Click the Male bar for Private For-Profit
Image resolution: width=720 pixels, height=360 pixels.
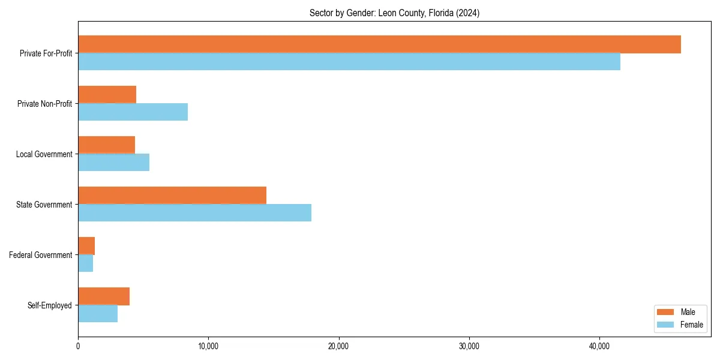pyautogui.click(x=379, y=44)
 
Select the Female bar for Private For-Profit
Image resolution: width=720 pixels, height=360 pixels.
pyautogui.click(x=349, y=62)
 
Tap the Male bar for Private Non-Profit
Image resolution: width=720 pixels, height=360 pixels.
pyautogui.click(x=107, y=95)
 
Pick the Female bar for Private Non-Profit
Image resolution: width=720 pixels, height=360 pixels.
pyautogui.click(x=133, y=112)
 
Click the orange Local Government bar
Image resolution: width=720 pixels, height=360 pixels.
pyautogui.click(x=106, y=145)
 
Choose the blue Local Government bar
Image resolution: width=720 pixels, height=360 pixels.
pyautogui.click(x=113, y=163)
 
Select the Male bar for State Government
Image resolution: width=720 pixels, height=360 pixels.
pyautogui.click(x=172, y=196)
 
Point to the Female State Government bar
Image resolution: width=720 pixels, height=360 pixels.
pyautogui.click(x=194, y=213)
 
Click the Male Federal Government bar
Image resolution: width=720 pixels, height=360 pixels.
pyautogui.click(x=86, y=246)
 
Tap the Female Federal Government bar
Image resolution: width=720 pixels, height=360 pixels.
pyautogui.click(x=85, y=263)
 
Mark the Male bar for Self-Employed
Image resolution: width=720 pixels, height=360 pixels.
pyautogui.click(x=104, y=296)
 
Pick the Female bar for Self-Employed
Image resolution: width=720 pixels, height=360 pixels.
pyautogui.click(x=98, y=314)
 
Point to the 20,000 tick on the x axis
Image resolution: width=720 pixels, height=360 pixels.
pyautogui.click(x=339, y=347)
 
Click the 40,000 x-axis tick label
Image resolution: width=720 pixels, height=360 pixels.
pyautogui.click(x=599, y=347)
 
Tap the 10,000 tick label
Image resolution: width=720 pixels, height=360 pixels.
pyautogui.click(x=208, y=347)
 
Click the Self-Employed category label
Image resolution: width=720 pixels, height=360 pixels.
pyautogui.click(x=49, y=305)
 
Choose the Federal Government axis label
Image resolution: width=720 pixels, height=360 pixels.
pyautogui.click(x=40, y=255)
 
